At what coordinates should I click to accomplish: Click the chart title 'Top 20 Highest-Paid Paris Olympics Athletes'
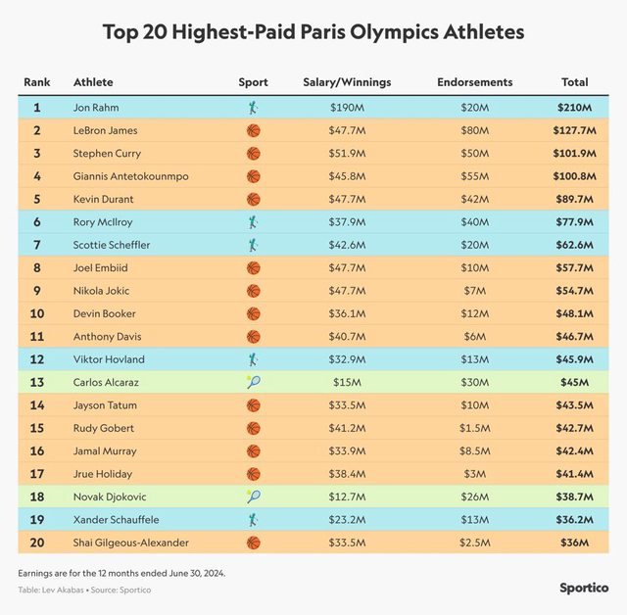point(313,32)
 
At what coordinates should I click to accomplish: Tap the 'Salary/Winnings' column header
point(347,82)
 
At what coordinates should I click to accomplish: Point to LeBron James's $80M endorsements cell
point(473,130)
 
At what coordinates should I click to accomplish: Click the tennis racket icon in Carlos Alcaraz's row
point(253,382)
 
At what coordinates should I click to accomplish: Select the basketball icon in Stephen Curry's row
point(253,154)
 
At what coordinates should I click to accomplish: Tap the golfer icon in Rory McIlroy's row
point(253,222)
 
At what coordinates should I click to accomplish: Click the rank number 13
point(37,382)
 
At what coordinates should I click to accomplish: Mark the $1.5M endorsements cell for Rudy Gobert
point(473,428)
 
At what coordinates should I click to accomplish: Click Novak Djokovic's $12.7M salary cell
point(347,497)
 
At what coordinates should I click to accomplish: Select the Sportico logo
point(584,588)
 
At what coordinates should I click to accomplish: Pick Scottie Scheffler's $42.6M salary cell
point(347,245)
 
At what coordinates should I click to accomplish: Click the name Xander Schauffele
point(115,519)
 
